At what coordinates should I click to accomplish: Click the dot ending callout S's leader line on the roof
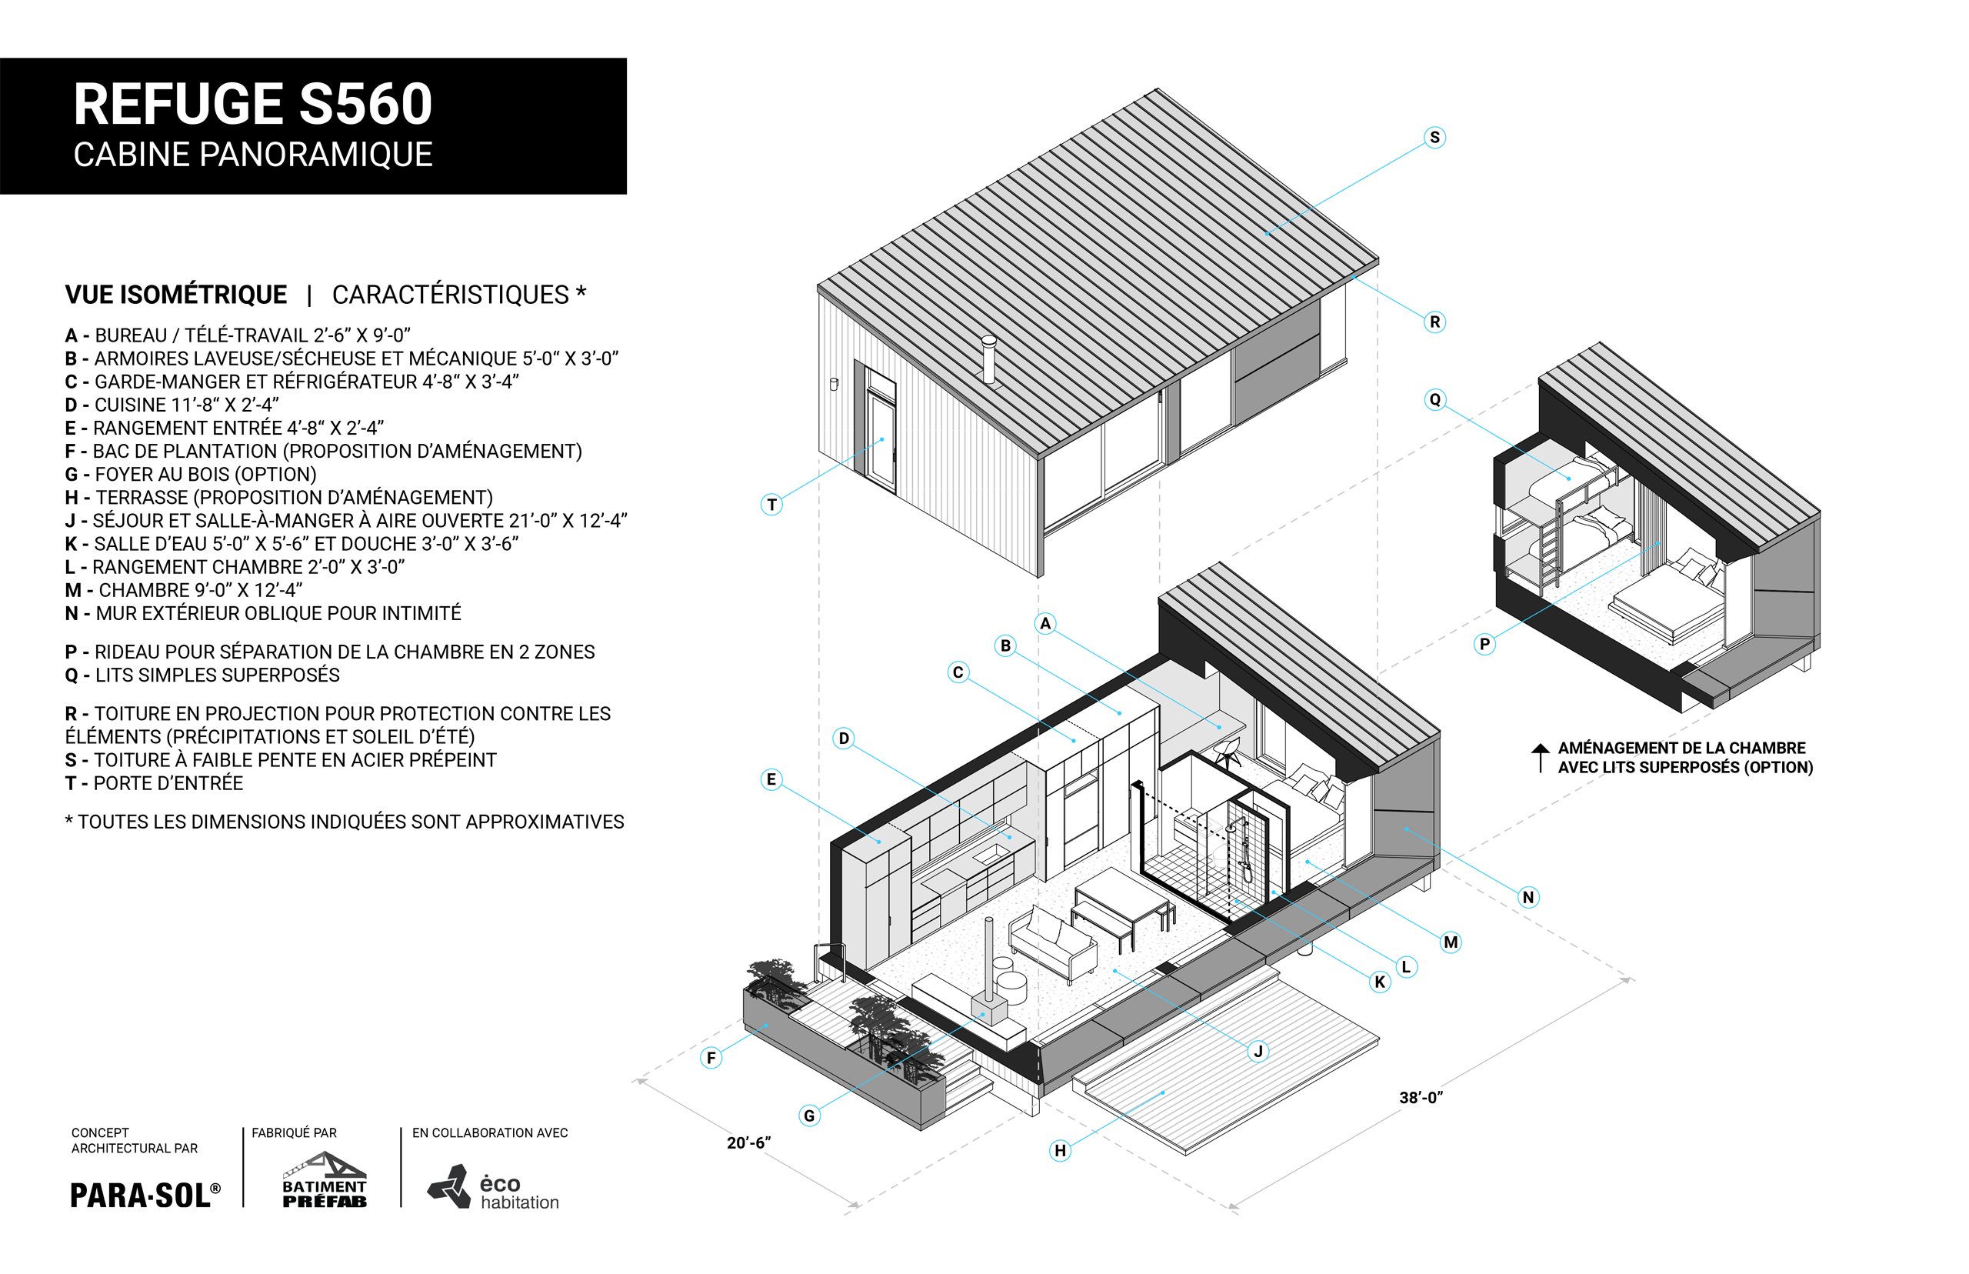point(1266,234)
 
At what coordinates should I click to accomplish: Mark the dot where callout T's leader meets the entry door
point(882,439)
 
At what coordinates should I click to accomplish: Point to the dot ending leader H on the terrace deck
point(1163,1093)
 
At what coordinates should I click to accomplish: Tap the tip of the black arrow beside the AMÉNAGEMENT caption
point(1540,744)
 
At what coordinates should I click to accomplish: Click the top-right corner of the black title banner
point(626,58)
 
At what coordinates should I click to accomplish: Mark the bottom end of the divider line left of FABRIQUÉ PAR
point(243,1207)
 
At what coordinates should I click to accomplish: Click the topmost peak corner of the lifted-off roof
point(1157,89)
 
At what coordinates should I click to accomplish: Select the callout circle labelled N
point(1528,897)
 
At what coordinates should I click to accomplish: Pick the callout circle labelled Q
point(1434,399)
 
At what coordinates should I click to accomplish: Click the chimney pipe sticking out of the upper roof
point(988,359)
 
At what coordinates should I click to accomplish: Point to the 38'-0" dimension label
point(1421,1098)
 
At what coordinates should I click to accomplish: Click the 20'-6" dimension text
point(748,1142)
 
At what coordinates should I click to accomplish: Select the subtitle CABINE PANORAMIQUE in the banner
point(253,155)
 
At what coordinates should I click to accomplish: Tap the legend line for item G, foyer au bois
point(191,474)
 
